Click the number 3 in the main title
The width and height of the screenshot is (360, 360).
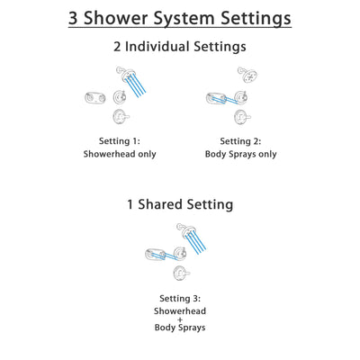(x=76, y=18)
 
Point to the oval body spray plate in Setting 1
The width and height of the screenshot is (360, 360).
(x=93, y=98)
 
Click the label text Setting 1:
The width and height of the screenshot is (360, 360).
(x=120, y=140)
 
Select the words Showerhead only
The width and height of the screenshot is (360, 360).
(x=120, y=154)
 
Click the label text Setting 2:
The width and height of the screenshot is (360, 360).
(x=240, y=140)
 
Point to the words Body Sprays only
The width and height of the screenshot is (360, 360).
(x=240, y=154)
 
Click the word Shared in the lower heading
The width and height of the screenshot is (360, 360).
(x=168, y=204)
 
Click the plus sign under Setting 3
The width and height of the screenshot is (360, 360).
(x=180, y=319)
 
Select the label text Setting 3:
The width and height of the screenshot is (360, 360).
(x=180, y=298)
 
